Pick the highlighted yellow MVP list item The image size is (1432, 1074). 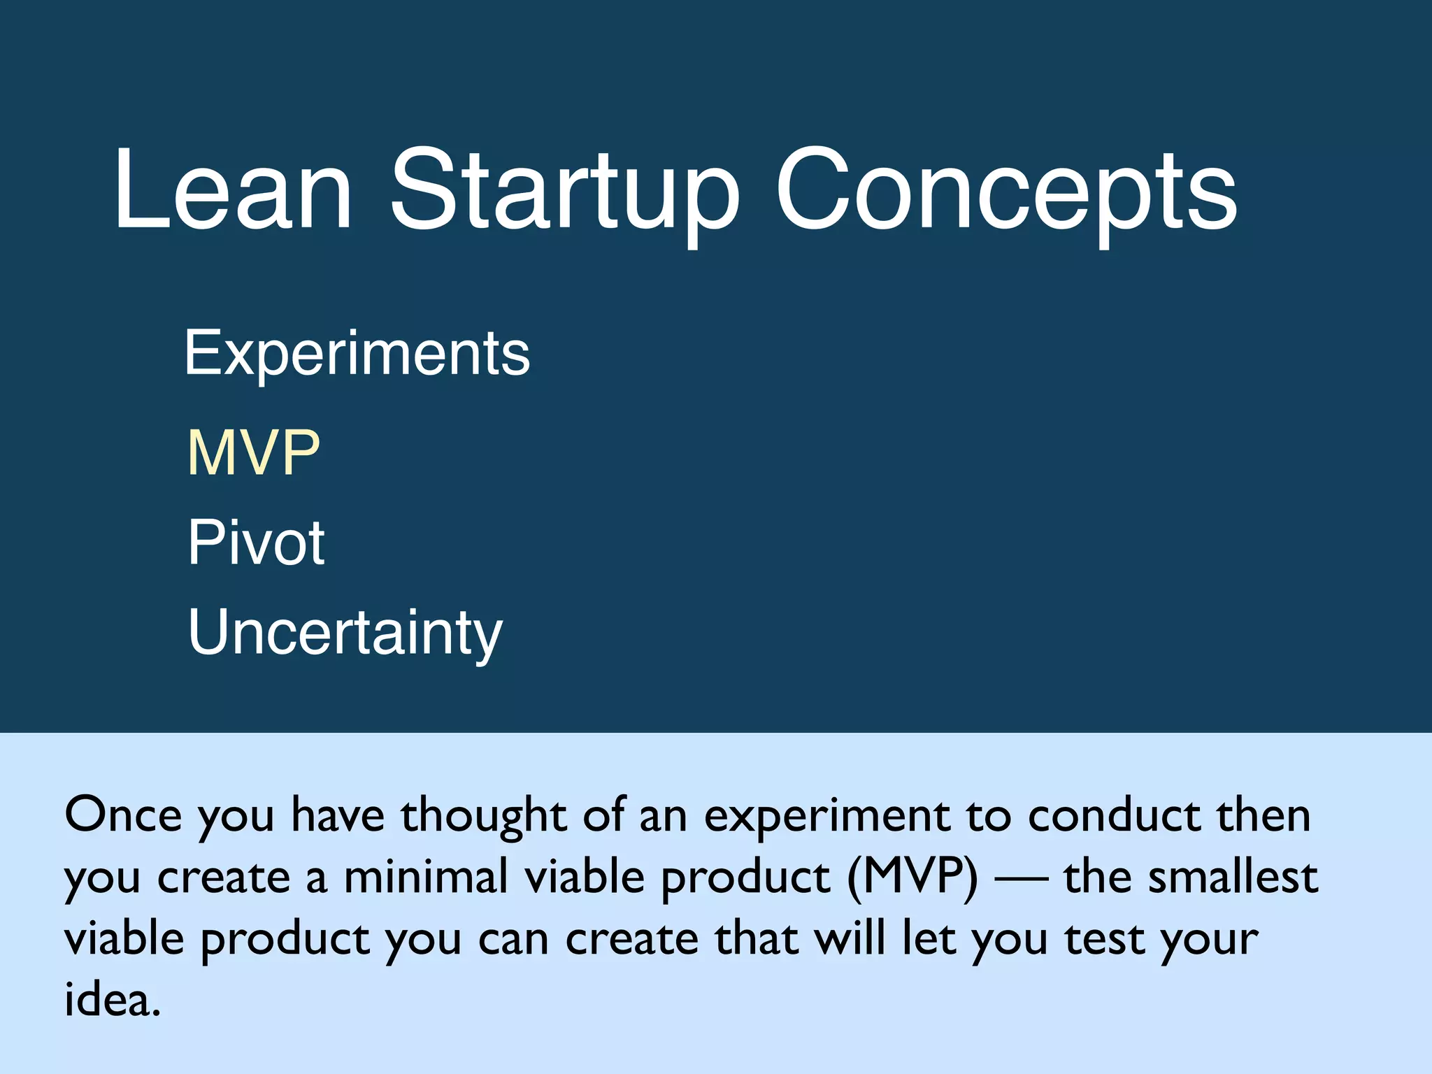(253, 454)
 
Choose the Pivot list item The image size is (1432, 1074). (256, 543)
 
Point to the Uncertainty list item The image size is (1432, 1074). (345, 633)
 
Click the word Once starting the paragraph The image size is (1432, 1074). (123, 815)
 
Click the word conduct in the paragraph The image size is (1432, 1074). (1114, 815)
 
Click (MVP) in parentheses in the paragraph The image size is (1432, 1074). (912, 878)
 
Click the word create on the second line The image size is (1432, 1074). (223, 878)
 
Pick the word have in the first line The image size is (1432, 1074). (338, 815)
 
